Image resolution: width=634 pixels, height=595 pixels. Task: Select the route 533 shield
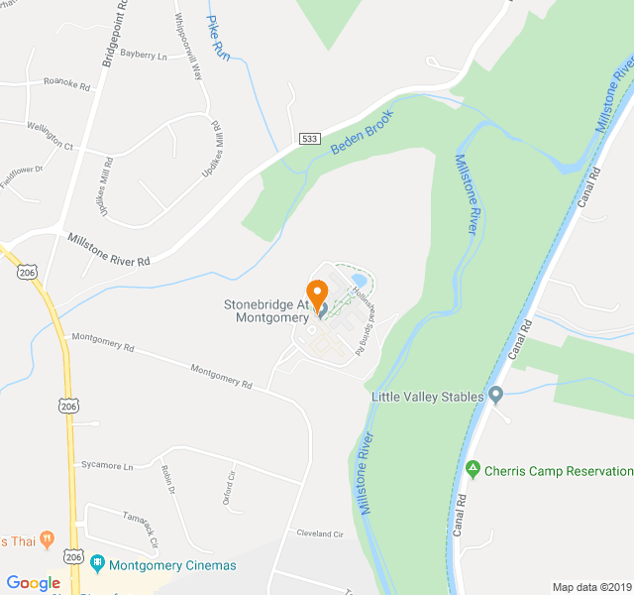[310, 139]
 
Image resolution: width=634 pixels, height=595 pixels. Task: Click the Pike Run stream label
[218, 39]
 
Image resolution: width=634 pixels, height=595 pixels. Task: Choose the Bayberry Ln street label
[145, 56]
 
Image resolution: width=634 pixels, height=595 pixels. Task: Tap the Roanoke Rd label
[66, 86]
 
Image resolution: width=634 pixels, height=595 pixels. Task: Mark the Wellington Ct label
[50, 136]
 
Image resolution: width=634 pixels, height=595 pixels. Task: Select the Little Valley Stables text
[427, 397]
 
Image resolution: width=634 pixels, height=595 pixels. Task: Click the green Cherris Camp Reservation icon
[474, 470]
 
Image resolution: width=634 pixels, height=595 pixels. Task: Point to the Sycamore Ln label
[107, 465]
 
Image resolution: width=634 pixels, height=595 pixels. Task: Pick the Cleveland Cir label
[319, 534]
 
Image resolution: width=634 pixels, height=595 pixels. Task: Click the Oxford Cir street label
[231, 488]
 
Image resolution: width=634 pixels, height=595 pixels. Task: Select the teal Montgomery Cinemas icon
[97, 565]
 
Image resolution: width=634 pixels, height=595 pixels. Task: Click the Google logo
[34, 583]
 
